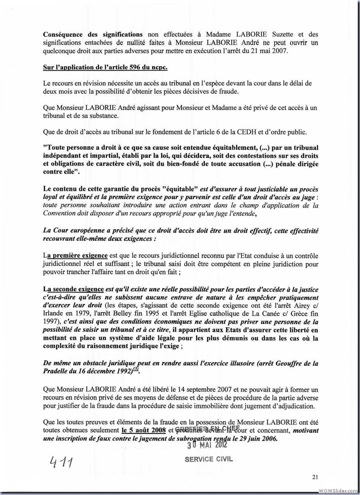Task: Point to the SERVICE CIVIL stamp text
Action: click(209, 460)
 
